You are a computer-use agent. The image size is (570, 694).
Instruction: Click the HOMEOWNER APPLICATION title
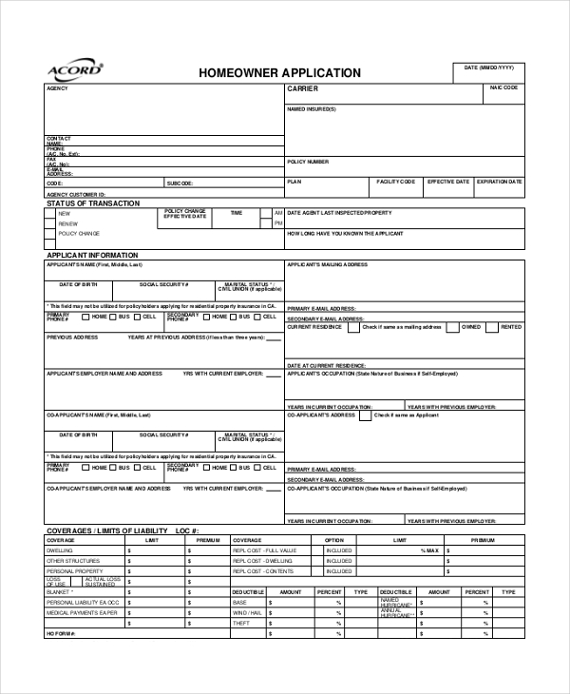tap(279, 73)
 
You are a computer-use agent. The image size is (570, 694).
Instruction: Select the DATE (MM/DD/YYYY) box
tap(488, 73)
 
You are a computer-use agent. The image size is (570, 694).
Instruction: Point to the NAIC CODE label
tap(503, 87)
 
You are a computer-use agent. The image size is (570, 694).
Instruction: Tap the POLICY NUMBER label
tap(308, 162)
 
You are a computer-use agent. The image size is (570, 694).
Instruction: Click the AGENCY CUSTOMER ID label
tap(76, 194)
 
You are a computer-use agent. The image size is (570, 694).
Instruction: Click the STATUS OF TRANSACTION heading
tap(93, 203)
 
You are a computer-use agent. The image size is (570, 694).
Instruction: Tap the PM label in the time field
tap(278, 223)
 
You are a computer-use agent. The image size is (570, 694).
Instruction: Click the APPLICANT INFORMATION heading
tap(92, 255)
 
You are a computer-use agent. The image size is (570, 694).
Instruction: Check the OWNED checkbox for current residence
tap(451, 327)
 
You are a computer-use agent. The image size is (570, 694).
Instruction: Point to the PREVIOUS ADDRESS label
tap(72, 337)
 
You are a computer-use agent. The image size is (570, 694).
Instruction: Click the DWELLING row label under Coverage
tap(60, 550)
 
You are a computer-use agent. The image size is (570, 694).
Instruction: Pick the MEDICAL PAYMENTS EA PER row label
tap(83, 612)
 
